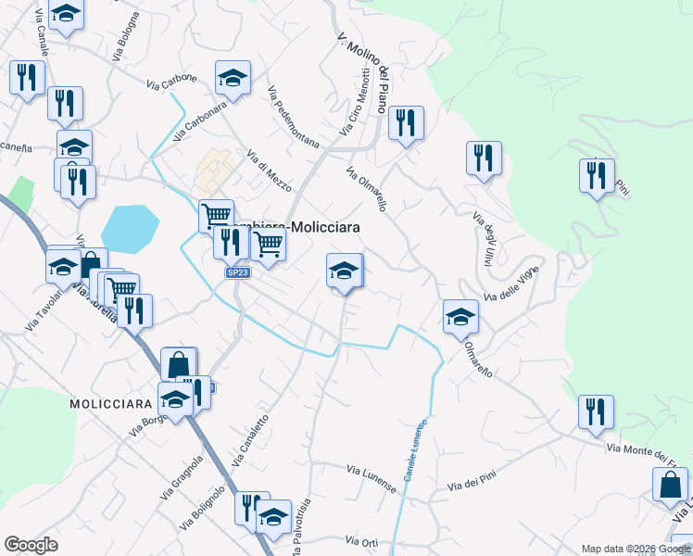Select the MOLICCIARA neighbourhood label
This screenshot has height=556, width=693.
click(x=110, y=405)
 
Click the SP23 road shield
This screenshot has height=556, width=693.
click(x=239, y=272)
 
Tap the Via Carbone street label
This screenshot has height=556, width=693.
click(x=171, y=82)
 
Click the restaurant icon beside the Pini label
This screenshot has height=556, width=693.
click(x=597, y=175)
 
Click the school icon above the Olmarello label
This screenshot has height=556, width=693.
click(x=460, y=317)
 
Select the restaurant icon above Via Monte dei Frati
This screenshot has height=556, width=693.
click(x=596, y=411)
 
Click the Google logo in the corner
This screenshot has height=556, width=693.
click(x=31, y=545)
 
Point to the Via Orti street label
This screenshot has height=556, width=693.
click(x=362, y=540)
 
